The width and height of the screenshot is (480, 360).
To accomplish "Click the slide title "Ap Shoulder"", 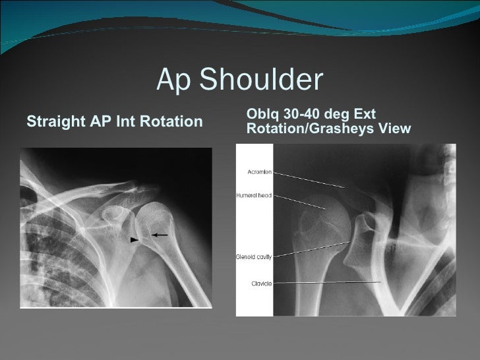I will click(240, 80).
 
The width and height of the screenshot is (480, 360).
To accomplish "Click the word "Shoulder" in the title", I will click(261, 80).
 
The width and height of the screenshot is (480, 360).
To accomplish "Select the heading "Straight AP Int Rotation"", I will click(113, 122).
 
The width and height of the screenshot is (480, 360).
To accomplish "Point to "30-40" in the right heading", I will click(297, 115).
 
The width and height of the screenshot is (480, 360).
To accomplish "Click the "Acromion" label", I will click(260, 172).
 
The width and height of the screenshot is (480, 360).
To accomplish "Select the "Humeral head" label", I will click(255, 196).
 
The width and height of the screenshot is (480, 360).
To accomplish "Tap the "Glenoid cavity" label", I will click(255, 256).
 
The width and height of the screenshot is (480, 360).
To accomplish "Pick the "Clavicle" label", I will click(261, 284).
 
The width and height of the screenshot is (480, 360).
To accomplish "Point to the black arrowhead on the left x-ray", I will click(135, 240).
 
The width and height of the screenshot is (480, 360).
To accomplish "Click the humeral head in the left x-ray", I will click(156, 218).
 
